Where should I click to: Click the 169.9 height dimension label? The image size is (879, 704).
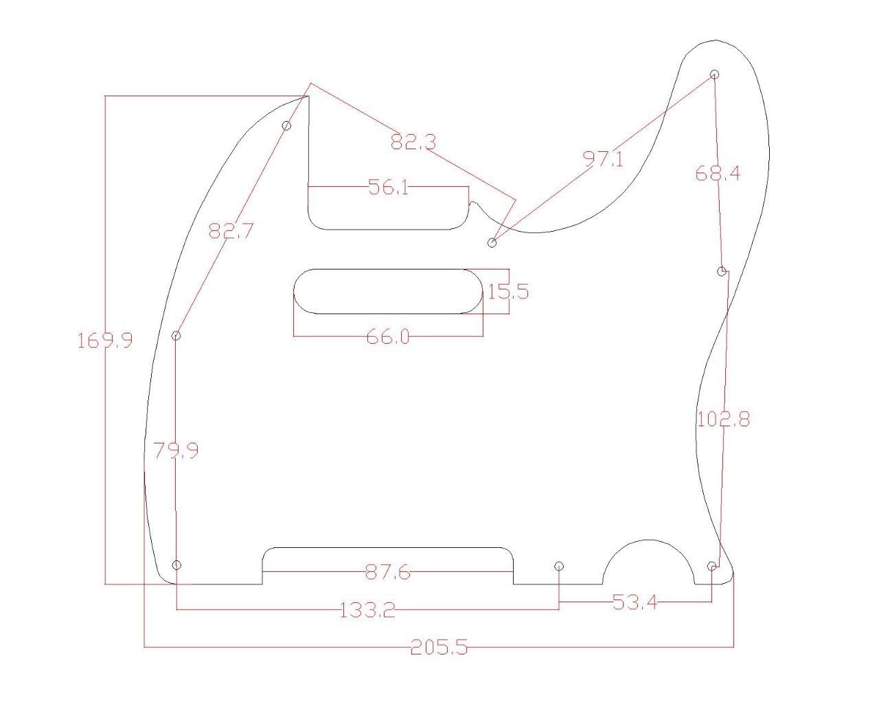pos(104,340)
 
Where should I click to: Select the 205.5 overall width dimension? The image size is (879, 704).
pos(439,647)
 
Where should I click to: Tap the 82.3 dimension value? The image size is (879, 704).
pos(413,142)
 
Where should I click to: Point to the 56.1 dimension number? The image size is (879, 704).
pos(388,187)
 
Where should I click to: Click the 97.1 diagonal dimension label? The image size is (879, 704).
pos(604,159)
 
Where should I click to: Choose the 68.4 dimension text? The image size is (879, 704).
pos(718,173)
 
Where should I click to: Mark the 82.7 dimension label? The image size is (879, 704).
pos(231,231)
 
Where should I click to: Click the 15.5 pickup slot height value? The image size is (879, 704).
pos(508,292)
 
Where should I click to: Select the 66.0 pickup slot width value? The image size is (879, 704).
pos(388,337)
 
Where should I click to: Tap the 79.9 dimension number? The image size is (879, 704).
pos(176,451)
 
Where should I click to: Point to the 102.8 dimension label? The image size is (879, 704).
pos(723,419)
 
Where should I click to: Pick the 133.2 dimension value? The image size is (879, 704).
pos(367,610)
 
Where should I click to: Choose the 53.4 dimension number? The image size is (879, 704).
pos(635,603)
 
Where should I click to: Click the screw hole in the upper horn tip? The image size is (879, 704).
pos(714,74)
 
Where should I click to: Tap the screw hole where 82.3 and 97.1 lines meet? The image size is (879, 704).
pos(492,243)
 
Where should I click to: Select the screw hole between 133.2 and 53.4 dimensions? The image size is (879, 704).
pos(559,566)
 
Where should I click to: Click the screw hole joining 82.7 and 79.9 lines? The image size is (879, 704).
pos(176,335)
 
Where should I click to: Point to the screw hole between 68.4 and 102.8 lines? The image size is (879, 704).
pos(722,272)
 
